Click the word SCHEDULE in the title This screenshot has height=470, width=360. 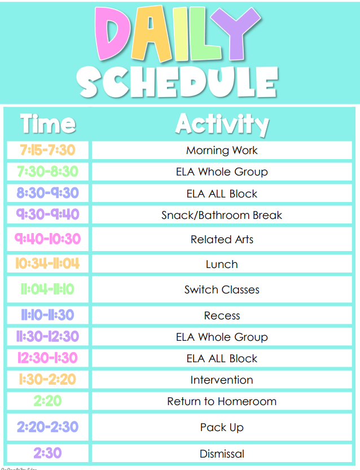click(177, 82)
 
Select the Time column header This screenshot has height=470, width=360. click(48, 124)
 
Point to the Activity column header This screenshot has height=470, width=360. click(222, 124)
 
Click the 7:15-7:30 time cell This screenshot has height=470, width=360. click(47, 150)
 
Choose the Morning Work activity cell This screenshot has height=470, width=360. click(222, 150)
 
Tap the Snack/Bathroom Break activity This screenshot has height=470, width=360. click(222, 215)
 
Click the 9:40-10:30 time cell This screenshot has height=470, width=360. click(47, 239)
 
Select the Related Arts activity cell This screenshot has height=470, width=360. click(222, 239)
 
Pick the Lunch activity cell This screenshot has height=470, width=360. click(222, 264)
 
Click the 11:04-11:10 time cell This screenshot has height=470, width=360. click(47, 289)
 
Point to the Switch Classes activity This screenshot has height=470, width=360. click(222, 289)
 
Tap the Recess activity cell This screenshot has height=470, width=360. click(222, 315)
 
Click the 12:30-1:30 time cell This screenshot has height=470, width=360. click(47, 358)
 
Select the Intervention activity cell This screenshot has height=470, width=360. click(222, 380)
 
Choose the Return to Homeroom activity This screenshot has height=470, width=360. click(222, 401)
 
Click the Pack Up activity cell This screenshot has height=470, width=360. click(222, 427)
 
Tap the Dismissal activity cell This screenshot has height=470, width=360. click(222, 453)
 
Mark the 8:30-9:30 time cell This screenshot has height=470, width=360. click(47, 193)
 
